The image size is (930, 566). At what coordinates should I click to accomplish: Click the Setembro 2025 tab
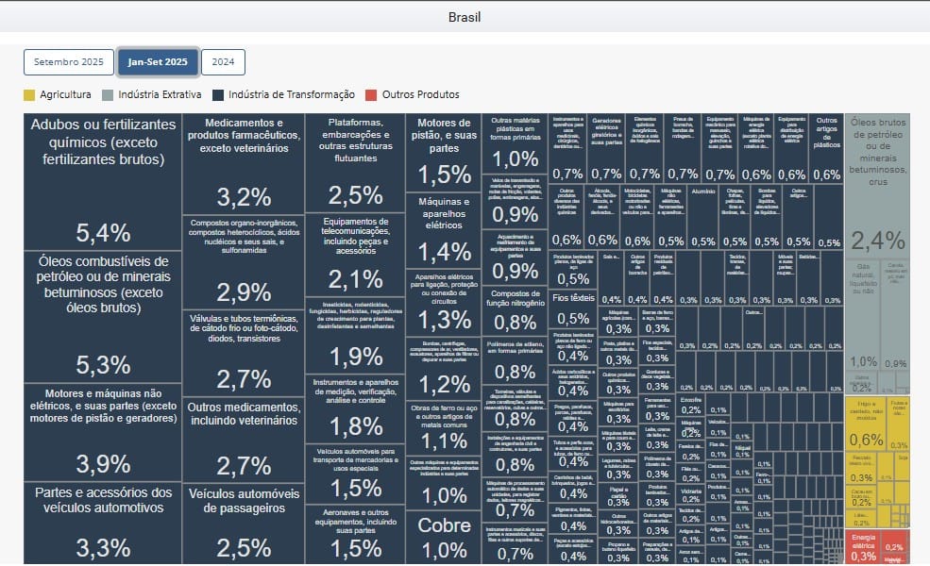[69, 62]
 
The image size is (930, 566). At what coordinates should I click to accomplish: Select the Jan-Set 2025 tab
[157, 62]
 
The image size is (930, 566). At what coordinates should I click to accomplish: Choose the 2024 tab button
[223, 62]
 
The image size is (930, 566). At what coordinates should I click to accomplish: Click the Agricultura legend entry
[58, 94]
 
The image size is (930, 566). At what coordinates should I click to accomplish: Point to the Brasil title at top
[465, 17]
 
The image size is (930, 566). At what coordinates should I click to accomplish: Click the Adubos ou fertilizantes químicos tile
[103, 179]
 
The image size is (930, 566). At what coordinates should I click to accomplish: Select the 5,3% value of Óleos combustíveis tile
[103, 365]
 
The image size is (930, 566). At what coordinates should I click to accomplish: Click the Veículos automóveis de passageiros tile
[244, 524]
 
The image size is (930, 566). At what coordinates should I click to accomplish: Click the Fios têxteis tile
[573, 307]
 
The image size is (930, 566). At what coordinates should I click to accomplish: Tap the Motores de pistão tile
[444, 151]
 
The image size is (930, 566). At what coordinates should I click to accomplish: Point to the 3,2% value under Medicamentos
[244, 196]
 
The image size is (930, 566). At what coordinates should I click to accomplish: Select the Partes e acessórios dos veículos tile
[103, 524]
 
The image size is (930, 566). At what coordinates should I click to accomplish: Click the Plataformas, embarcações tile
[356, 160]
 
